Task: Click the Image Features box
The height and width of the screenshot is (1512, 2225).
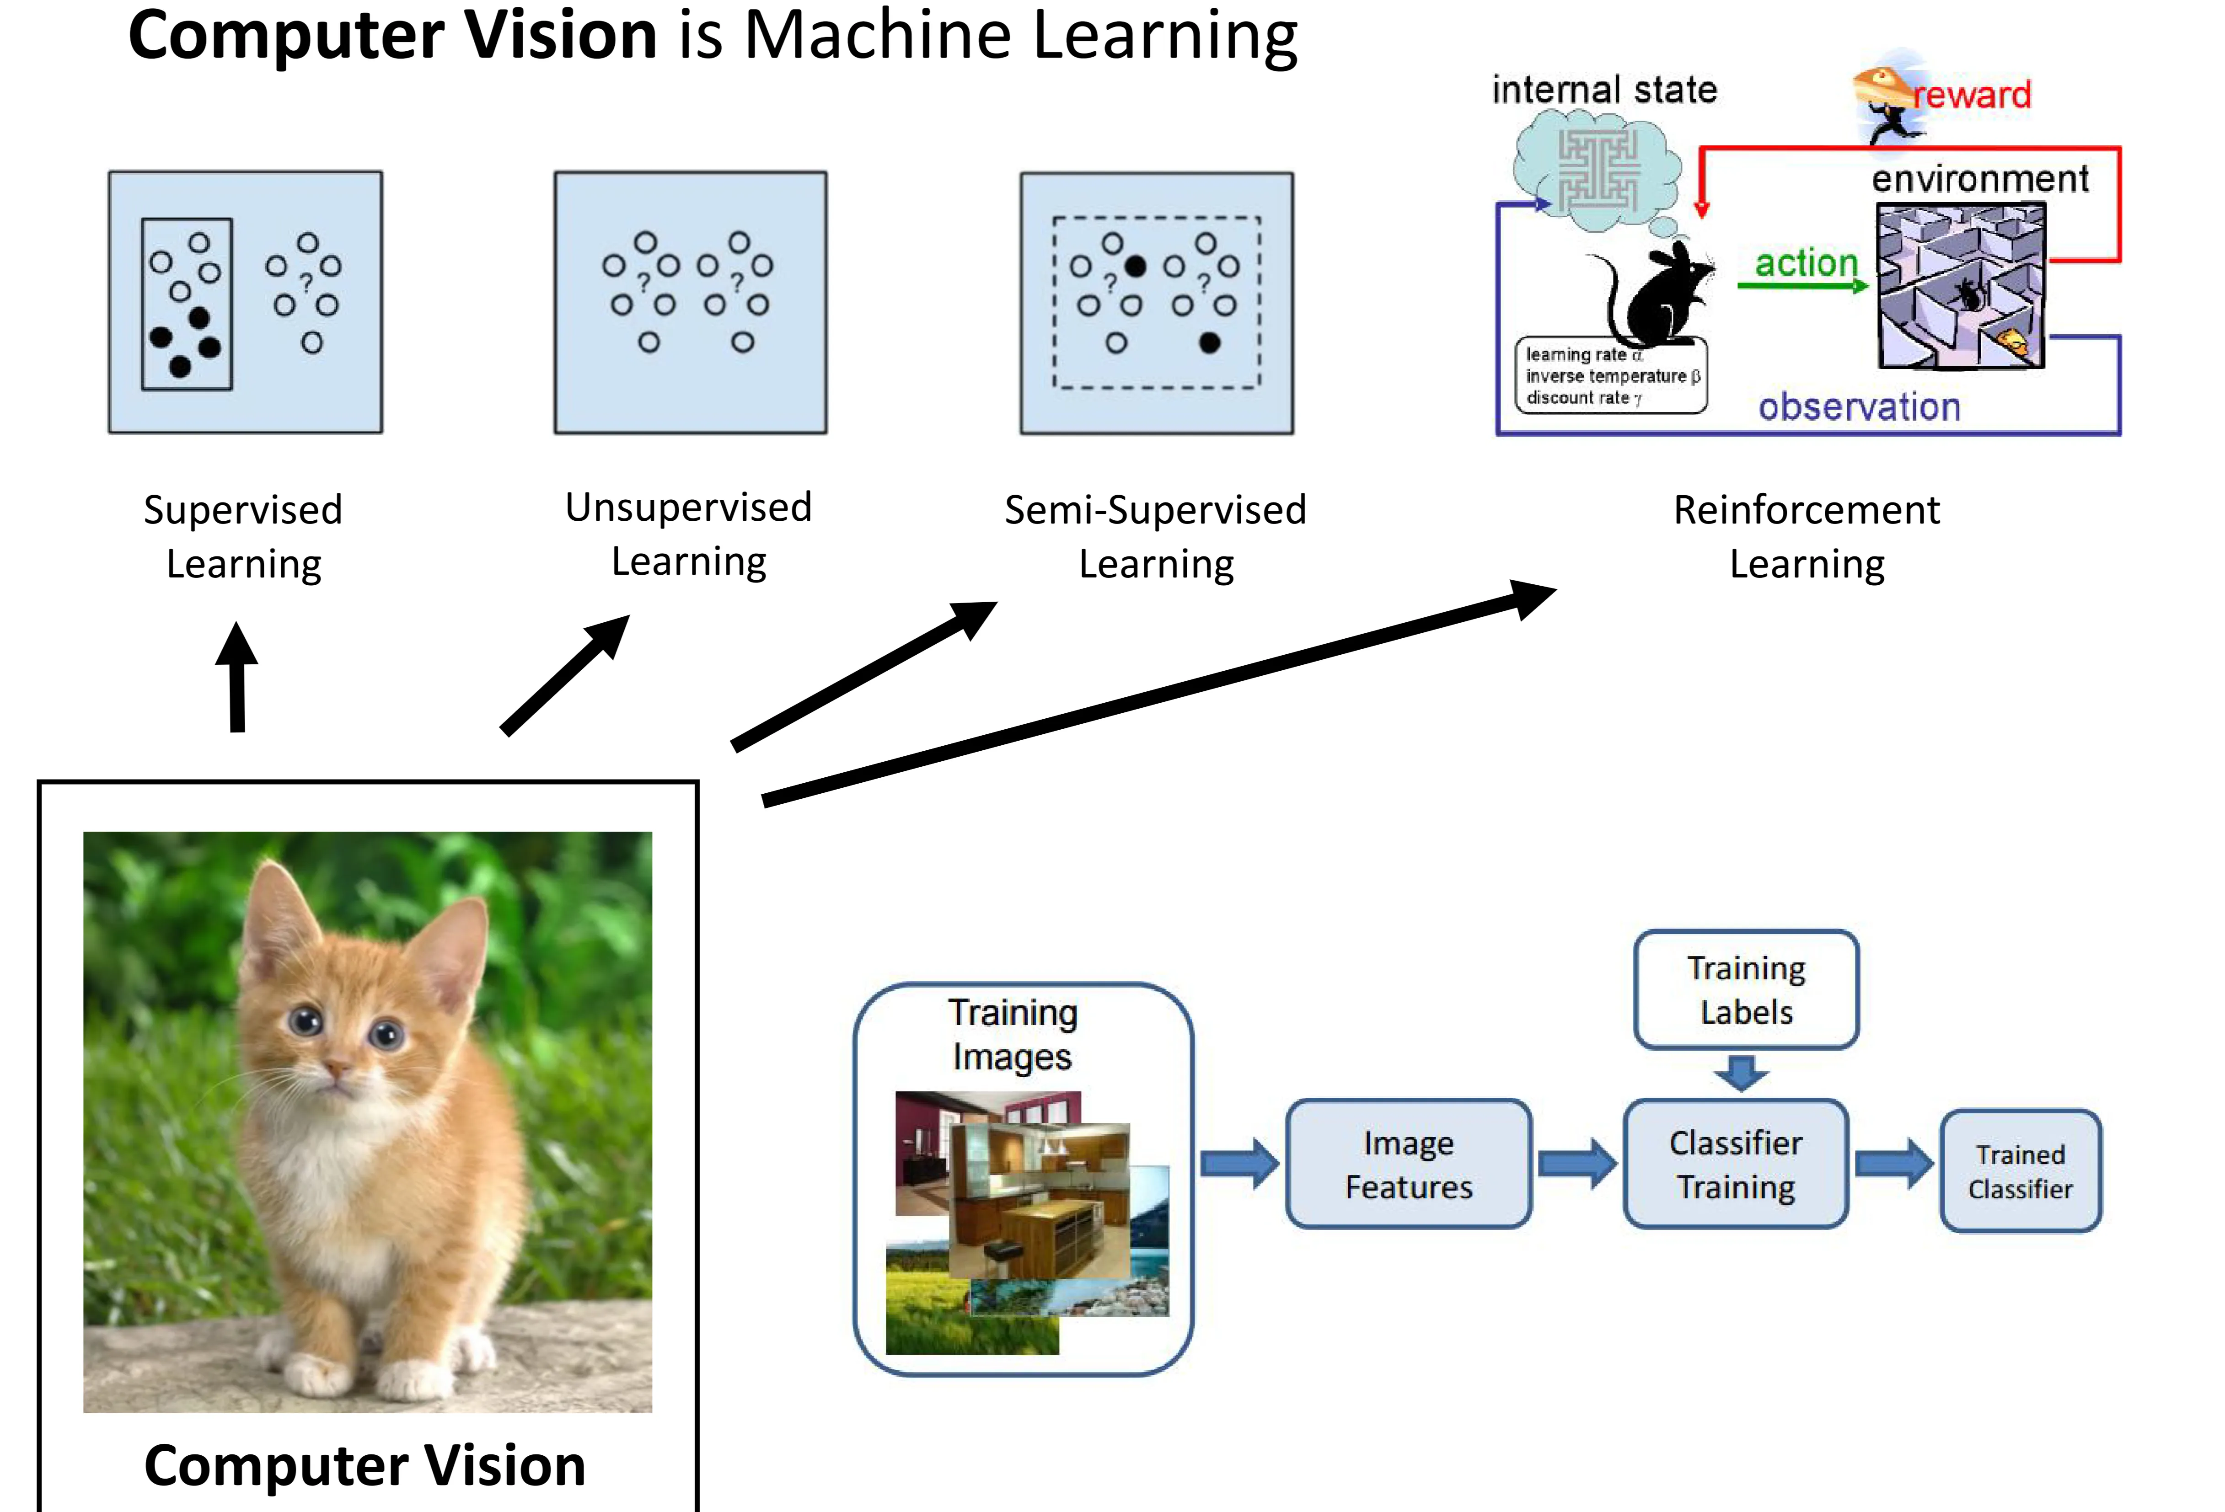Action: pyautogui.click(x=1408, y=1164)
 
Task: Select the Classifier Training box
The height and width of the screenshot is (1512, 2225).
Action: pyautogui.click(x=1736, y=1164)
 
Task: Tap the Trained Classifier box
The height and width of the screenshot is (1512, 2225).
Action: pyautogui.click(x=2020, y=1171)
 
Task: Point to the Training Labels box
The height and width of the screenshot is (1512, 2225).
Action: pyautogui.click(x=1746, y=989)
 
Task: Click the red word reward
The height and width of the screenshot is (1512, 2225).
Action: pyautogui.click(x=1972, y=95)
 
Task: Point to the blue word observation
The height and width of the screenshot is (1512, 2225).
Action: pyautogui.click(x=1859, y=407)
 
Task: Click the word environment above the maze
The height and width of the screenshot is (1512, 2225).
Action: pyautogui.click(x=1980, y=179)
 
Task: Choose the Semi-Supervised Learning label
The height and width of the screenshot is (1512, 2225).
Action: pyautogui.click(x=1156, y=536)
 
